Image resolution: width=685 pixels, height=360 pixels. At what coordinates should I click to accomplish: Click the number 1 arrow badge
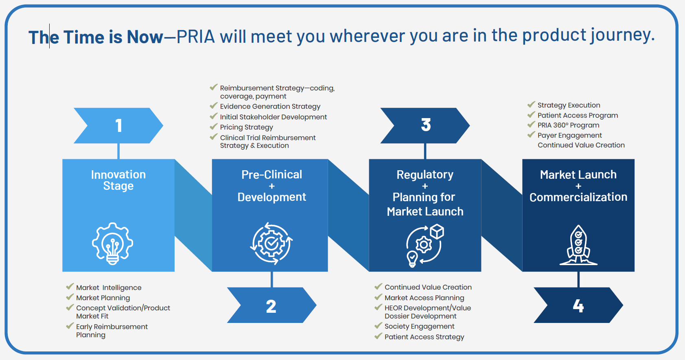118,125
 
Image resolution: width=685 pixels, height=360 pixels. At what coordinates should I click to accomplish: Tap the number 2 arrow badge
271,305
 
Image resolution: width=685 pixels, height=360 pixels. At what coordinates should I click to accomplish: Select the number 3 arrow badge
425,125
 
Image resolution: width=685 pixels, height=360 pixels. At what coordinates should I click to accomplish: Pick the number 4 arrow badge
578,305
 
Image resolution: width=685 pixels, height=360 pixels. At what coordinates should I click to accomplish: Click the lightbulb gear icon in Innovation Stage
112,244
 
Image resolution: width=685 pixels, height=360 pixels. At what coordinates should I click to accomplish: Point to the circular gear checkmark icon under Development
271,244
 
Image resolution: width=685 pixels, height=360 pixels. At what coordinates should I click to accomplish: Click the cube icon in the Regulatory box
437,232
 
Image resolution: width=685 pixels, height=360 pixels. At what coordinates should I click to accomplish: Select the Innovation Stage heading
118,180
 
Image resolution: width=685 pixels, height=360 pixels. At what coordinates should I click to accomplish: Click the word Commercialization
578,197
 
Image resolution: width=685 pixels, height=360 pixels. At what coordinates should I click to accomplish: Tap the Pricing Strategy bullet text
246,127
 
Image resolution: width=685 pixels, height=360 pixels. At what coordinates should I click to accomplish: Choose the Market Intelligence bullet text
109,288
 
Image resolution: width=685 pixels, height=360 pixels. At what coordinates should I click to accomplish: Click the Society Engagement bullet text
419,326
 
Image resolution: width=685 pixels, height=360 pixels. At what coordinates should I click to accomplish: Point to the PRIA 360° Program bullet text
568,125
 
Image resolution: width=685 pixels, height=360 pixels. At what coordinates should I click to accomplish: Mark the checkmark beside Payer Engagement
531,134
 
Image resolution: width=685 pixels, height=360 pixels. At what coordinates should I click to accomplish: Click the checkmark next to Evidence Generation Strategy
213,105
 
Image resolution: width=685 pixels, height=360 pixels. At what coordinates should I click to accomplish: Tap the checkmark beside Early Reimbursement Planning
70,326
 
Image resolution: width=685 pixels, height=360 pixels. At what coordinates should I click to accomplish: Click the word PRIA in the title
195,37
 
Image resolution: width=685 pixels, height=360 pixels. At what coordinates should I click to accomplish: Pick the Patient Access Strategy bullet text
424,337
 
